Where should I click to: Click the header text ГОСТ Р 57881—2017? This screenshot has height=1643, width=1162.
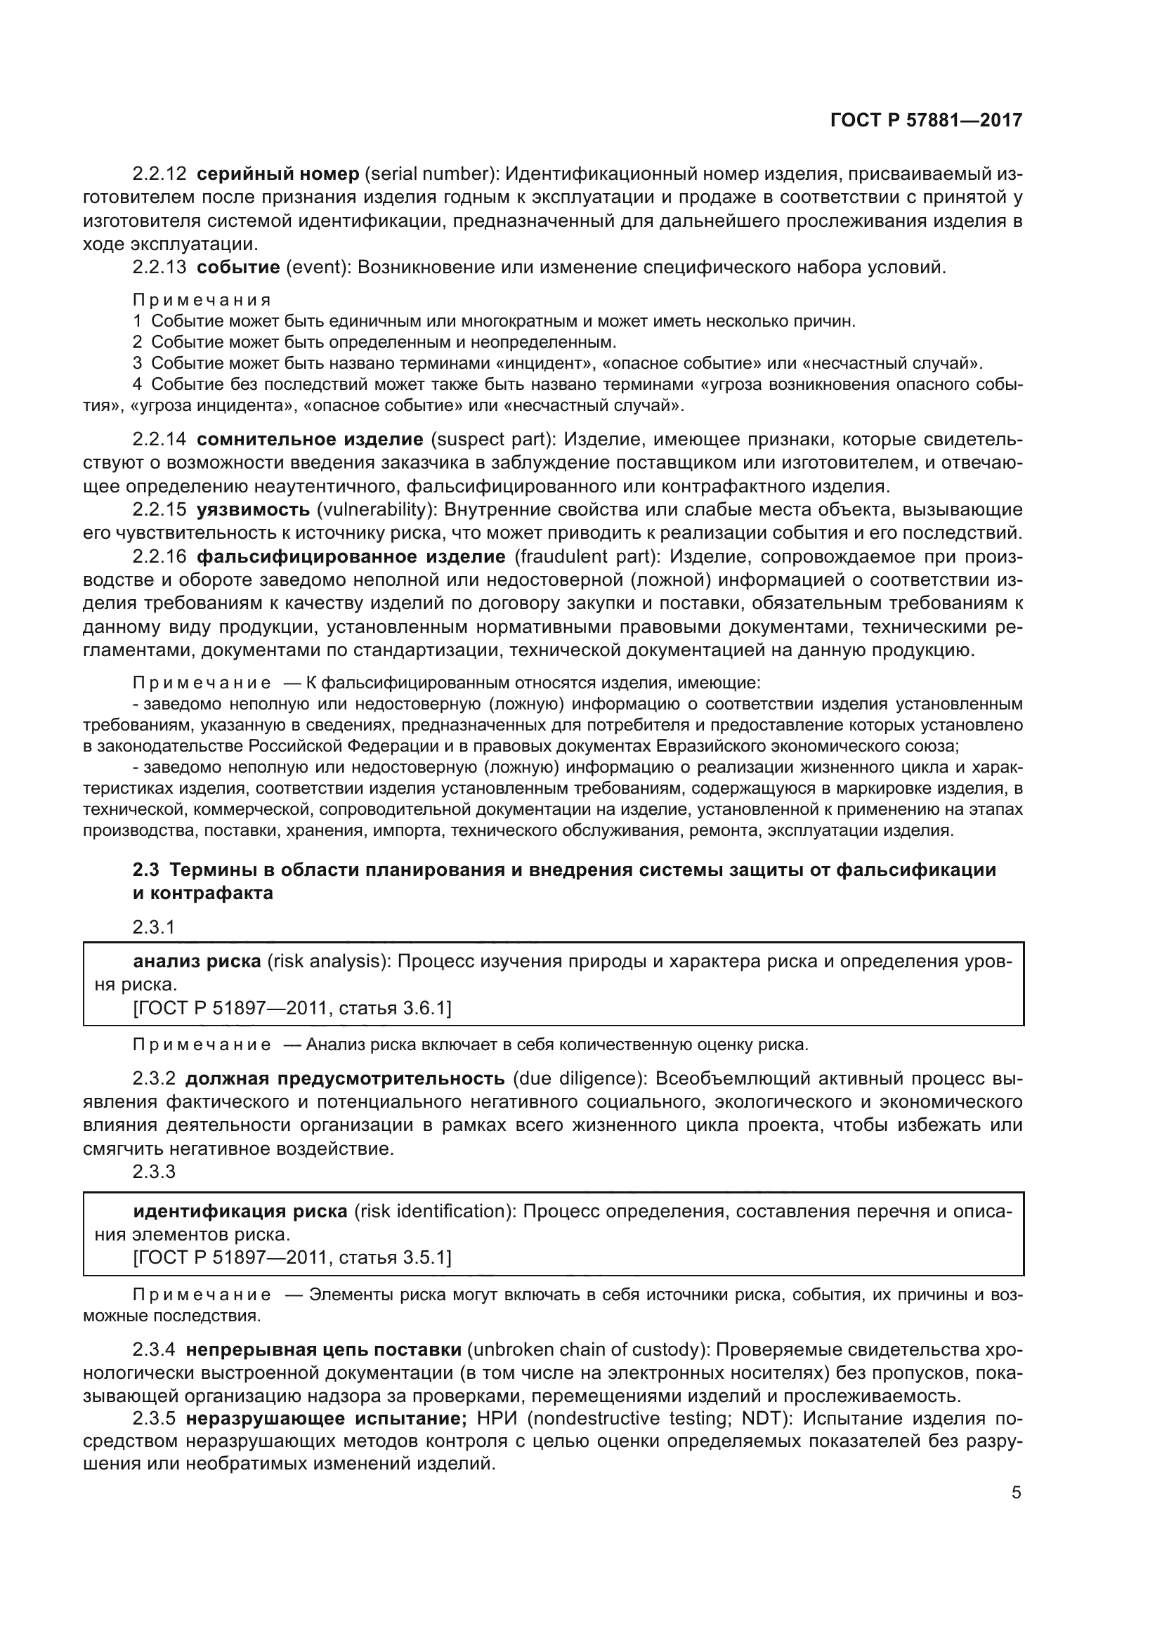(926, 120)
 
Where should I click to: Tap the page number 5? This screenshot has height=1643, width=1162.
(1016, 1493)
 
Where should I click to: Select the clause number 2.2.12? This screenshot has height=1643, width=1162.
(159, 174)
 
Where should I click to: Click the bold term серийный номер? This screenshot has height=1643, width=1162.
(278, 174)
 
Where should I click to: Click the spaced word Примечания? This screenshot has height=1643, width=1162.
(202, 300)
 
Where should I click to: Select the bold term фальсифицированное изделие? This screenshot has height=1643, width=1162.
(351, 557)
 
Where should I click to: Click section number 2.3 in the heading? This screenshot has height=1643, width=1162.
(146, 870)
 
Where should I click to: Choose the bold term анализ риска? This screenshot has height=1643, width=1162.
(197, 961)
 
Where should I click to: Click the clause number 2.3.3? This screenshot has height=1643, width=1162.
(154, 1172)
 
